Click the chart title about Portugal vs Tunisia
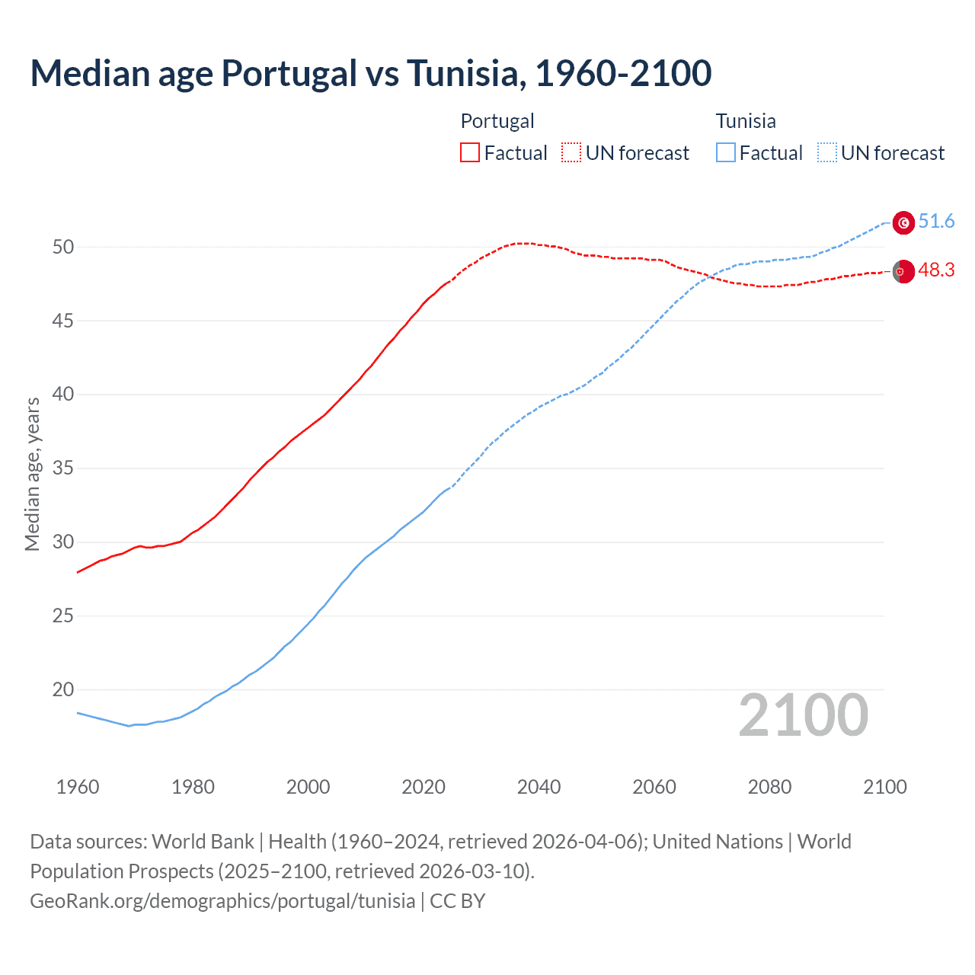371,73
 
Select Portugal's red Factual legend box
470,152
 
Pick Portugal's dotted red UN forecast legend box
571,152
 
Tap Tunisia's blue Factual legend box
726,152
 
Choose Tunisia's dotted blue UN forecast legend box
827,152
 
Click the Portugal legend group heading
497,121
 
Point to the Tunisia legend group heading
746,121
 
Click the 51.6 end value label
936,222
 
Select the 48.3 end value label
936,270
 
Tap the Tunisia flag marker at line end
903,222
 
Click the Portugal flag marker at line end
903,271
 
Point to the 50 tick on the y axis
63,247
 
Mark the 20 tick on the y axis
63,690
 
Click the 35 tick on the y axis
63,468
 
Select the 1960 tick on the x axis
78,787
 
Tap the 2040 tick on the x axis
539,787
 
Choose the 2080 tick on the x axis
769,787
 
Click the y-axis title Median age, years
32,474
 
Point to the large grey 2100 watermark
803,715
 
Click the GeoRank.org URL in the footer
222,901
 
